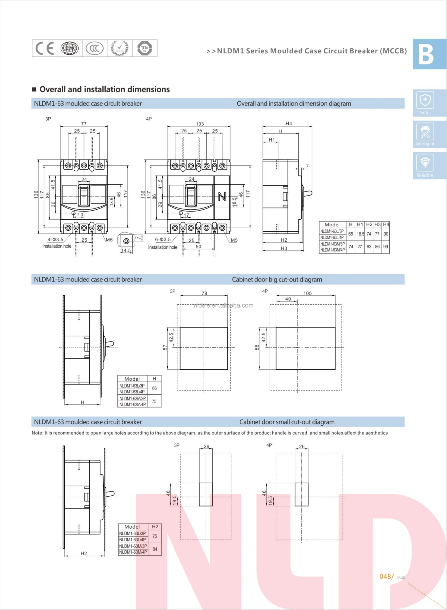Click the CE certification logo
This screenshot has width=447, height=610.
(x=45, y=48)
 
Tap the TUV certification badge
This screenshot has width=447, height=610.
(x=145, y=48)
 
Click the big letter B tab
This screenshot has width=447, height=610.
(x=426, y=54)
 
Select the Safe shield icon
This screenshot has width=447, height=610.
(x=425, y=100)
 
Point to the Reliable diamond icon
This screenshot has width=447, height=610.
(x=425, y=163)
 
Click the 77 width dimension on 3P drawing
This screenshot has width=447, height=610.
(x=84, y=124)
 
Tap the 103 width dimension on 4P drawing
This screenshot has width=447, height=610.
(x=200, y=124)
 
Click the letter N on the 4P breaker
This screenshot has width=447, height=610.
(x=222, y=196)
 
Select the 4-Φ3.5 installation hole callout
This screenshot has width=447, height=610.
(x=55, y=239)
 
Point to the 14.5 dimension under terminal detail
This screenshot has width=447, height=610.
(x=126, y=251)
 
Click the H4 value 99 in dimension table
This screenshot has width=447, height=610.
(x=386, y=247)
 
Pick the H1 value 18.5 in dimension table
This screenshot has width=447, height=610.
(x=360, y=234)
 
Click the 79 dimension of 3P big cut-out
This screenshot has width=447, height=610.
(x=204, y=293)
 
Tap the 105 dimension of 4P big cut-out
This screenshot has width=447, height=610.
(x=307, y=293)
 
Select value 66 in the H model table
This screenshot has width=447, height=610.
(x=154, y=388)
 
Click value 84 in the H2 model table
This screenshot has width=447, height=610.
(x=155, y=549)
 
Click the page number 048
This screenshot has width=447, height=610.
(x=385, y=577)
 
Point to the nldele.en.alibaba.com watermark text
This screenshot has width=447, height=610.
(x=224, y=305)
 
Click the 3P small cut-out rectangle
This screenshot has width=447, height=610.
(x=206, y=494)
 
